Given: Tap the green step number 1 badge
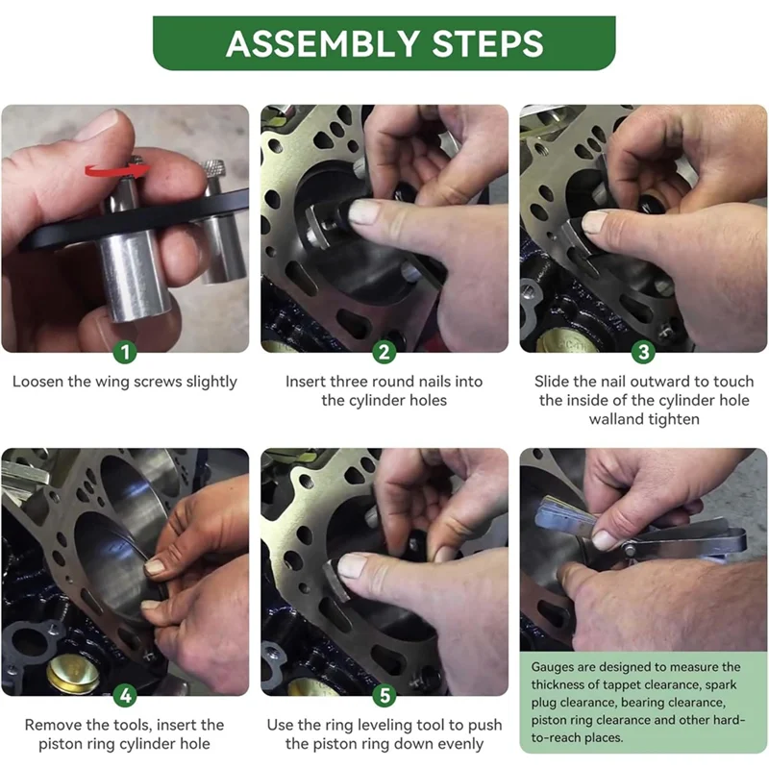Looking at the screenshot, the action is tap(125, 352).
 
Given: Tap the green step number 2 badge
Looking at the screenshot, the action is tap(384, 352).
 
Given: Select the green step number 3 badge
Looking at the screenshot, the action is tap(643, 352).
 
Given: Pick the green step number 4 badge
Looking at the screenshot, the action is tap(125, 695).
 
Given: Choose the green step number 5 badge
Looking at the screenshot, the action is tap(384, 695).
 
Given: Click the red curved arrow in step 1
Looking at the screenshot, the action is tap(116, 170).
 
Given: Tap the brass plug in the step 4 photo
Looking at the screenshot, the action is tap(73, 674).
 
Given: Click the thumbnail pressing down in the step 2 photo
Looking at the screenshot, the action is tap(363, 211).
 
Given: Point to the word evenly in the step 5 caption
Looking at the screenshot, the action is tap(460, 744).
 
